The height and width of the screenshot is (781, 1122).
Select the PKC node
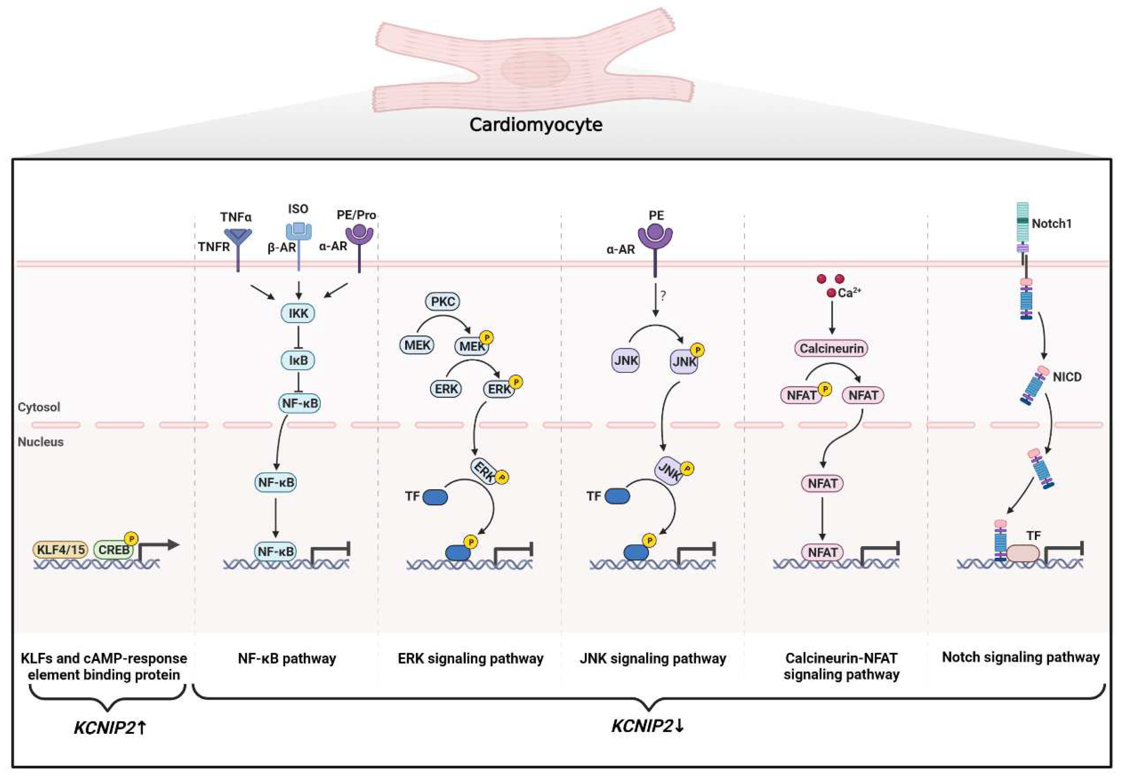pyautogui.click(x=443, y=301)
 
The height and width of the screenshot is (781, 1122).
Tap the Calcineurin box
pyautogui.click(x=831, y=348)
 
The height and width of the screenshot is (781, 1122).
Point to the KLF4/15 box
pyautogui.click(x=60, y=550)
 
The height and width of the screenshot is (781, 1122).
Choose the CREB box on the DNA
pyautogui.click(x=114, y=550)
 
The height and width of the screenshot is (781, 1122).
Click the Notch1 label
pyautogui.click(x=1051, y=224)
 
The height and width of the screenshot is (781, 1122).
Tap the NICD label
pyautogui.click(x=1067, y=377)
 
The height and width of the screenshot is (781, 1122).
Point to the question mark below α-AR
pyautogui.click(x=663, y=296)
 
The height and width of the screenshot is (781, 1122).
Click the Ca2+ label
pyautogui.click(x=849, y=292)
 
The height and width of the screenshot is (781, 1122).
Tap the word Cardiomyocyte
pyautogui.click(x=536, y=125)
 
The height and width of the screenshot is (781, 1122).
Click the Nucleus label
pyautogui.click(x=41, y=442)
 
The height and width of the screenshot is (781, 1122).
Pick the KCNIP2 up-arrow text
pyautogui.click(x=110, y=728)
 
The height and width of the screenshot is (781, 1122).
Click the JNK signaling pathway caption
pyautogui.click(x=652, y=658)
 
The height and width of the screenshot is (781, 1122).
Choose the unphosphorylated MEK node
pyautogui.click(x=417, y=345)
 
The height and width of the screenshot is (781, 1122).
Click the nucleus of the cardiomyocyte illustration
pyautogui.click(x=535, y=69)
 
